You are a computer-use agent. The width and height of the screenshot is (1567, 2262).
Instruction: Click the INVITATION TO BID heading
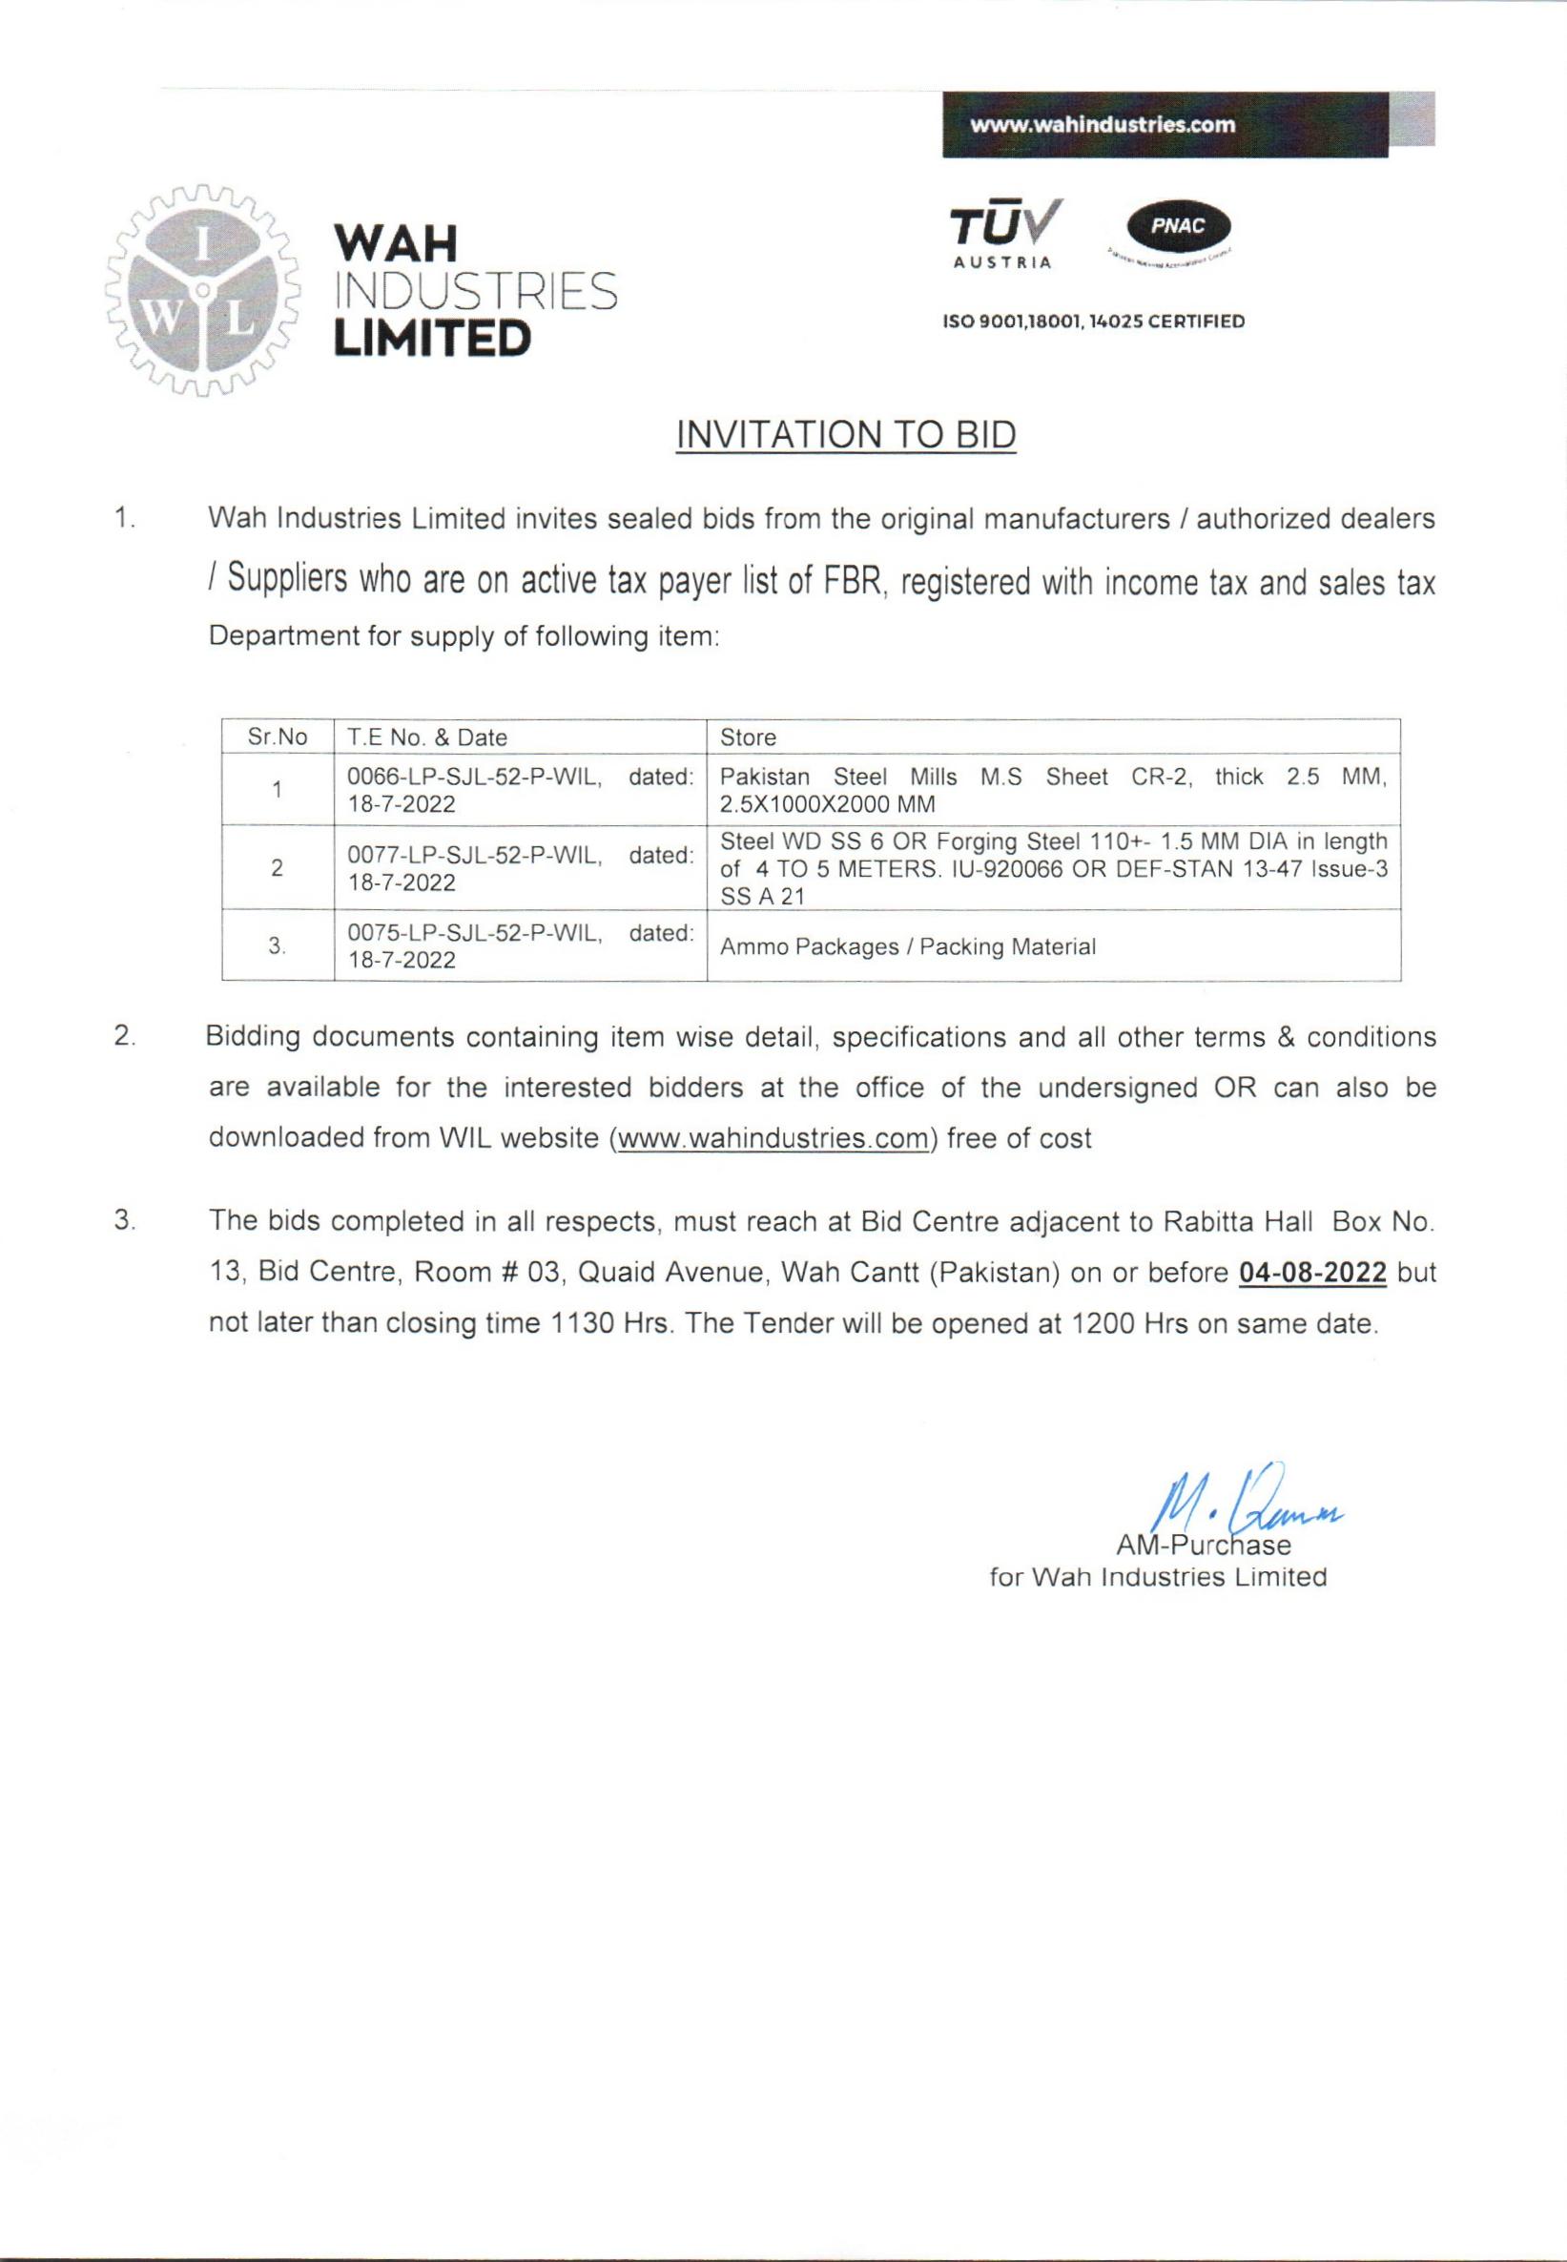[x=845, y=434]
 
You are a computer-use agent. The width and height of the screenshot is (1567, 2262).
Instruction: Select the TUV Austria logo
[x=1004, y=234]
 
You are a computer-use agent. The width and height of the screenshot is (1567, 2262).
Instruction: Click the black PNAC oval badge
[x=1177, y=227]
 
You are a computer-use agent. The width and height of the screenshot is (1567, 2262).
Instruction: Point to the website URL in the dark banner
[x=1102, y=125]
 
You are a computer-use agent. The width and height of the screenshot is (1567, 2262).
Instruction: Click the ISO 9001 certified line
[x=1093, y=322]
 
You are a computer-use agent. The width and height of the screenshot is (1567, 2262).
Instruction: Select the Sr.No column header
[x=277, y=737]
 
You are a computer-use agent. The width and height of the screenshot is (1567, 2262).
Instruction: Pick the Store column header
[x=748, y=737]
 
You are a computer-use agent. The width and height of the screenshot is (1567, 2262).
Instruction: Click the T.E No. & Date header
[x=427, y=737]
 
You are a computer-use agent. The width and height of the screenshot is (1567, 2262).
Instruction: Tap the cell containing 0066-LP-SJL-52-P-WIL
[x=520, y=790]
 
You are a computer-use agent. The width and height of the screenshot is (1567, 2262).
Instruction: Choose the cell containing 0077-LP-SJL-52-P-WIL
[x=520, y=868]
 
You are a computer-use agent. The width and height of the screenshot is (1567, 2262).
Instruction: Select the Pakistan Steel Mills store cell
[x=1053, y=790]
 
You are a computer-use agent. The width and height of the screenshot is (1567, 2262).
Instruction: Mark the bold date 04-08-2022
[x=1311, y=1273]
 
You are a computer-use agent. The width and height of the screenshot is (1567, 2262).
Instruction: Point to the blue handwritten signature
[x=1247, y=1504]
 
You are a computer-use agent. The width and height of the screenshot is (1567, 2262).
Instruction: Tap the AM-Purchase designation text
[x=1203, y=1546]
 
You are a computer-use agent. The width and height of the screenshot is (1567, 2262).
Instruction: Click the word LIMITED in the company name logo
[x=432, y=338]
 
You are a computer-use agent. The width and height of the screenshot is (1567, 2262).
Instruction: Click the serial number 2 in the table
[x=277, y=868]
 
